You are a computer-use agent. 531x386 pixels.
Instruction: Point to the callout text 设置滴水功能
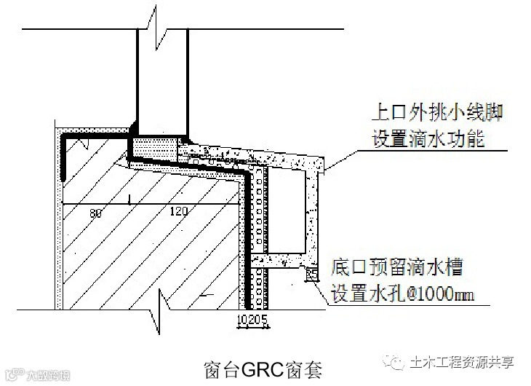[428, 138]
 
